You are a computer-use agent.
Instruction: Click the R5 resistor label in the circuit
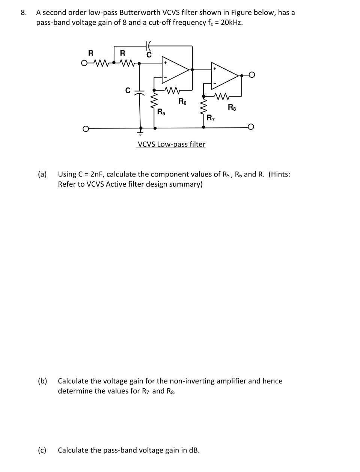click(161, 112)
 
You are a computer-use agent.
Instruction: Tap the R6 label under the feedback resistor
click(182, 101)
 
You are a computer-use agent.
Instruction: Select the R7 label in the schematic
click(211, 118)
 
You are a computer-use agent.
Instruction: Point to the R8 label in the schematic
click(232, 107)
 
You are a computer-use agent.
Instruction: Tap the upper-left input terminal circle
click(84, 63)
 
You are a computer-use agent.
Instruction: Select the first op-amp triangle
click(174, 69)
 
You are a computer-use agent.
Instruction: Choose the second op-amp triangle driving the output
click(224, 75)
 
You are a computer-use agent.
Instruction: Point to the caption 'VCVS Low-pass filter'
click(172, 144)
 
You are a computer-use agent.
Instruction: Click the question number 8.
click(24, 12)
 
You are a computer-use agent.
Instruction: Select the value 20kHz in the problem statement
click(231, 23)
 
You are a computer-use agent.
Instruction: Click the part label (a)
click(42, 174)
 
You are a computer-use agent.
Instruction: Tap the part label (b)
click(42, 381)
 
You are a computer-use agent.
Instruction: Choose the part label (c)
click(42, 450)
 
